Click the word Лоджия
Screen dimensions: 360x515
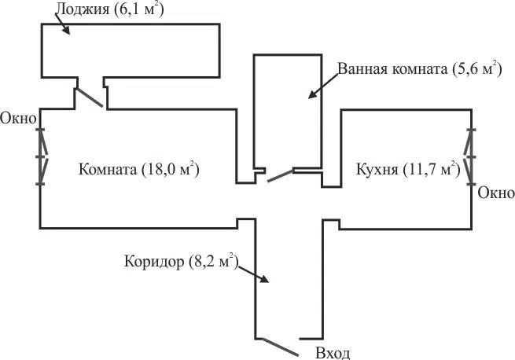click(x=79, y=9)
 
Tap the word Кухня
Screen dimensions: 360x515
click(x=377, y=169)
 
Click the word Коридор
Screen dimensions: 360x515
click(x=154, y=262)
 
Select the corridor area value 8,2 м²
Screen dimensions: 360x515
click(x=212, y=262)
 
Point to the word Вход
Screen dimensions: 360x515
click(x=332, y=352)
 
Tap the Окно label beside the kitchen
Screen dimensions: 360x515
click(x=496, y=193)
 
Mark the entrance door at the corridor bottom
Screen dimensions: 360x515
click(x=279, y=346)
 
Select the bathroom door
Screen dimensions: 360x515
click(x=280, y=174)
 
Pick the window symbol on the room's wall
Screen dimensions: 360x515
click(x=42, y=156)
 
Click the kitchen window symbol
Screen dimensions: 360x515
click(x=471, y=156)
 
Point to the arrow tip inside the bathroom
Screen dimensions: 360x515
click(x=309, y=98)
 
